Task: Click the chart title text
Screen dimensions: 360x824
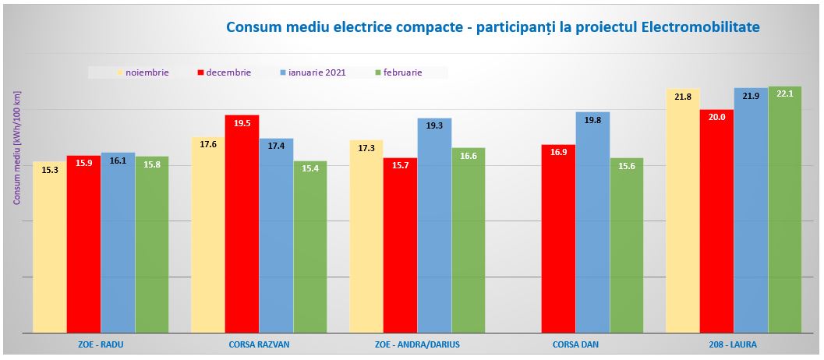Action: pyautogui.click(x=492, y=27)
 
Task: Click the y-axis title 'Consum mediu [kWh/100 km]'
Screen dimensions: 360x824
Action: pyautogui.click(x=16, y=148)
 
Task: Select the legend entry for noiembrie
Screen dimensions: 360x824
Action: pyautogui.click(x=147, y=72)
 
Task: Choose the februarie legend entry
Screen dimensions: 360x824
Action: pyautogui.click(x=401, y=72)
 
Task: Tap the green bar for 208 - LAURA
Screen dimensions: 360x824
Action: pyautogui.click(x=784, y=210)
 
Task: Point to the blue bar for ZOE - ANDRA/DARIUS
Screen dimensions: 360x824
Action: pyautogui.click(x=434, y=226)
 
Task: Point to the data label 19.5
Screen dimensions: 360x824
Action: pyautogui.click(x=242, y=124)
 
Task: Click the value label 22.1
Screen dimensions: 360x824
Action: pyautogui.click(x=784, y=94)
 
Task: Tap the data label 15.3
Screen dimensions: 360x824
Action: pyautogui.click(x=49, y=170)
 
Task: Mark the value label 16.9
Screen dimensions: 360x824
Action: pyautogui.click(x=558, y=153)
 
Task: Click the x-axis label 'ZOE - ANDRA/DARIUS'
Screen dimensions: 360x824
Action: pyautogui.click(x=417, y=344)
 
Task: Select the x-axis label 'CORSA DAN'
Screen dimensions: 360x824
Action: pyautogui.click(x=575, y=344)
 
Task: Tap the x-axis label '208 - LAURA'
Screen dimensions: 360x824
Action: pyautogui.click(x=734, y=344)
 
